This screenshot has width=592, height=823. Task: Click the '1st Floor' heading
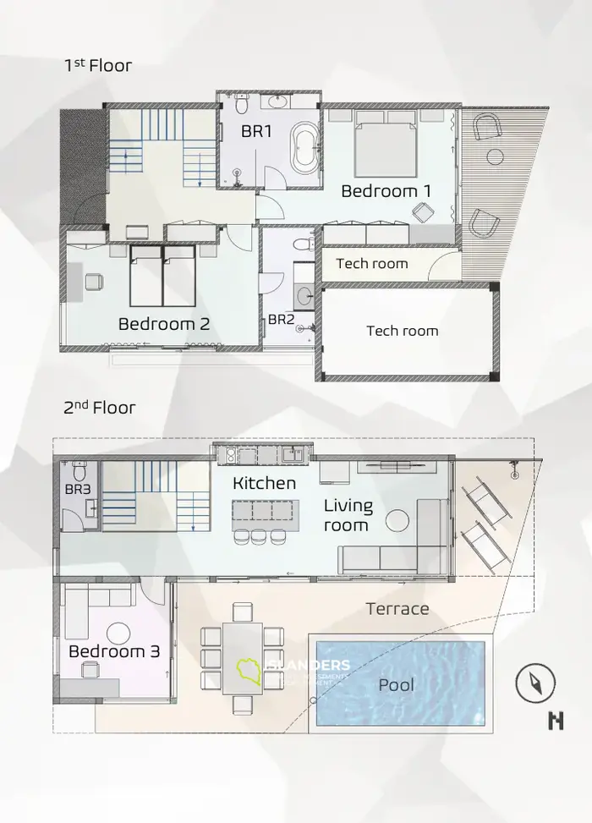(x=98, y=65)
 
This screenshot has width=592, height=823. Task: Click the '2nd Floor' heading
(x=100, y=408)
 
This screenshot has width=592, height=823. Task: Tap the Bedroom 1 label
(x=386, y=191)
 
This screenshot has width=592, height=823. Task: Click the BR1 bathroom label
(x=256, y=132)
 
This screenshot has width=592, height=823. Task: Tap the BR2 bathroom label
(x=281, y=320)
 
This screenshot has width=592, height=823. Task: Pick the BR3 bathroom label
(x=77, y=489)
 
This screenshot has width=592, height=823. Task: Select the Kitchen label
(x=265, y=483)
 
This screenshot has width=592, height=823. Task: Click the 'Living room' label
(x=348, y=515)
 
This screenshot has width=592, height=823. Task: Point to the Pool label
(x=397, y=684)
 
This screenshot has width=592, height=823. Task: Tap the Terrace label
(x=397, y=608)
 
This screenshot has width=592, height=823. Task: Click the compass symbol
(x=535, y=682)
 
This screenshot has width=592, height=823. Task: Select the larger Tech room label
(x=402, y=330)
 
